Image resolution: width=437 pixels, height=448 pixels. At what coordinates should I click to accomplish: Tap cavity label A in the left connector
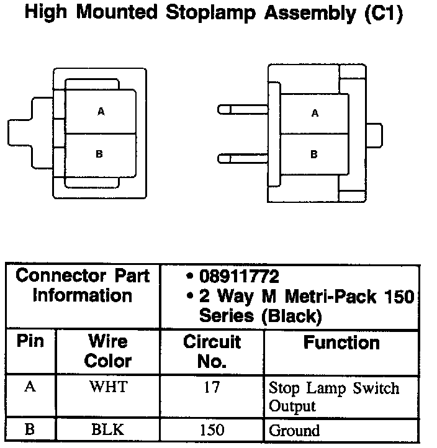tap(101, 112)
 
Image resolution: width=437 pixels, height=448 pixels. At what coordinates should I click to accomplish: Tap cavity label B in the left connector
tap(99, 154)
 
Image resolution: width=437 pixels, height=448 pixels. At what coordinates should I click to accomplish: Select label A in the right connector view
tap(315, 114)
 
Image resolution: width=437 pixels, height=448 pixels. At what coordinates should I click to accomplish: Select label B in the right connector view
tap(314, 154)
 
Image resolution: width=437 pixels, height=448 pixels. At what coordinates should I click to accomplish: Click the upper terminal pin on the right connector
tap(242, 109)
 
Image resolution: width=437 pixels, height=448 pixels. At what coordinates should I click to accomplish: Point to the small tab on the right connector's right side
tap(374, 133)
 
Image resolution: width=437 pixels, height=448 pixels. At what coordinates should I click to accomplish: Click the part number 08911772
tap(239, 277)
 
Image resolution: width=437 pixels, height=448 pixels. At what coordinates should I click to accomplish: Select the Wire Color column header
tap(108, 351)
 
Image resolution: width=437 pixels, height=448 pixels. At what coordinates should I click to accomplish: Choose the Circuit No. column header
tap(212, 351)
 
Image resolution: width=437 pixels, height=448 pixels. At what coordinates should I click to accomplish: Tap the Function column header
tap(341, 343)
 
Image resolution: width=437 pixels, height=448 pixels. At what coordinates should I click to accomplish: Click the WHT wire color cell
tap(108, 387)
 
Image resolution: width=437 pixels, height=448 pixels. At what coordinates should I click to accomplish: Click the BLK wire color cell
tap(108, 430)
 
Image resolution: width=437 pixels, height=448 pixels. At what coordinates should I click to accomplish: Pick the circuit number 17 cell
tap(212, 387)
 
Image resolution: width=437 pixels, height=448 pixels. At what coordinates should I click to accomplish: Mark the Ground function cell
tap(294, 430)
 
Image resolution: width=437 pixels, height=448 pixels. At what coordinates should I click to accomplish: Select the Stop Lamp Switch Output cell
tap(333, 397)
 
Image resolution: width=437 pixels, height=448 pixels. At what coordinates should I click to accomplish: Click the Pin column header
tap(30, 342)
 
